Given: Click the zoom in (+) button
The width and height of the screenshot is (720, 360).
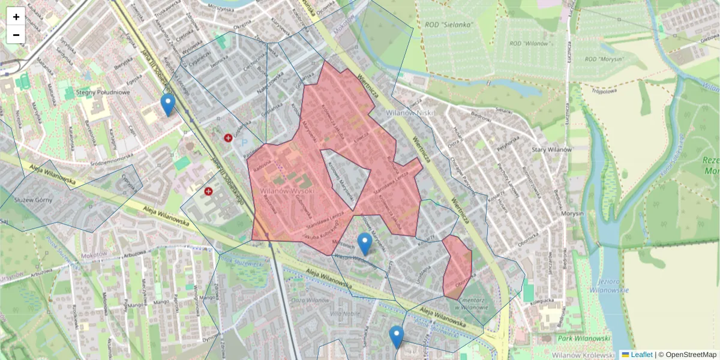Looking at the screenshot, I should (16, 16).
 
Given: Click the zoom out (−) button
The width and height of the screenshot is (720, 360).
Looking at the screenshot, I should (16, 35).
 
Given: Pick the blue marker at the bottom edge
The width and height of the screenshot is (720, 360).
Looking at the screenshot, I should (396, 337).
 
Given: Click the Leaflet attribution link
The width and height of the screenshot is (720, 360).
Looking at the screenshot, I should (637, 355).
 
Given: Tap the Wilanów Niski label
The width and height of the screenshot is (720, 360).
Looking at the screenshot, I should (403, 112).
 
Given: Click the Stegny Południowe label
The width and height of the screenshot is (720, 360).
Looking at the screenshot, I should (103, 92).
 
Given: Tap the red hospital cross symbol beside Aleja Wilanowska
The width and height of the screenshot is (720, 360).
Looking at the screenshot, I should (209, 191).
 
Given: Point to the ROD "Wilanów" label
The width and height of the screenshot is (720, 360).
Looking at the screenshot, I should (530, 44).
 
